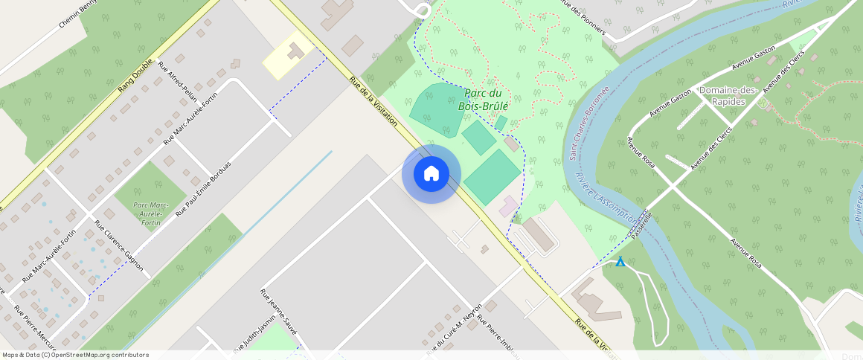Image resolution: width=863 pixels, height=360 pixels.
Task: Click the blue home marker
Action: pyautogui.click(x=431, y=174)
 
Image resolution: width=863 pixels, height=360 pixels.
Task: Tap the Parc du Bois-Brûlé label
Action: pyautogui.click(x=487, y=100)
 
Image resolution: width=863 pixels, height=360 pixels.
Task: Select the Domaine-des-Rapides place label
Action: pyautogui.click(x=728, y=96)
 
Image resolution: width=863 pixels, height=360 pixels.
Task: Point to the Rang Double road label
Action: pyautogui.click(x=135, y=76)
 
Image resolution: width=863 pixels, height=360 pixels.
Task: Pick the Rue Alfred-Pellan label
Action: pyautogui.click(x=177, y=77)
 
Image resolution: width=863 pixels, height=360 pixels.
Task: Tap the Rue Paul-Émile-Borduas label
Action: pyautogui.click(x=203, y=189)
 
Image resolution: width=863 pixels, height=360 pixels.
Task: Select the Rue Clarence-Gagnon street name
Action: pyautogui.click(x=119, y=245)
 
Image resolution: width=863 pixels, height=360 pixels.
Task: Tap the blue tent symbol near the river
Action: pyautogui.click(x=620, y=262)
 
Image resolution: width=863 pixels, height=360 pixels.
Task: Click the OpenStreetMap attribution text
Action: pyautogui.click(x=76, y=355)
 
